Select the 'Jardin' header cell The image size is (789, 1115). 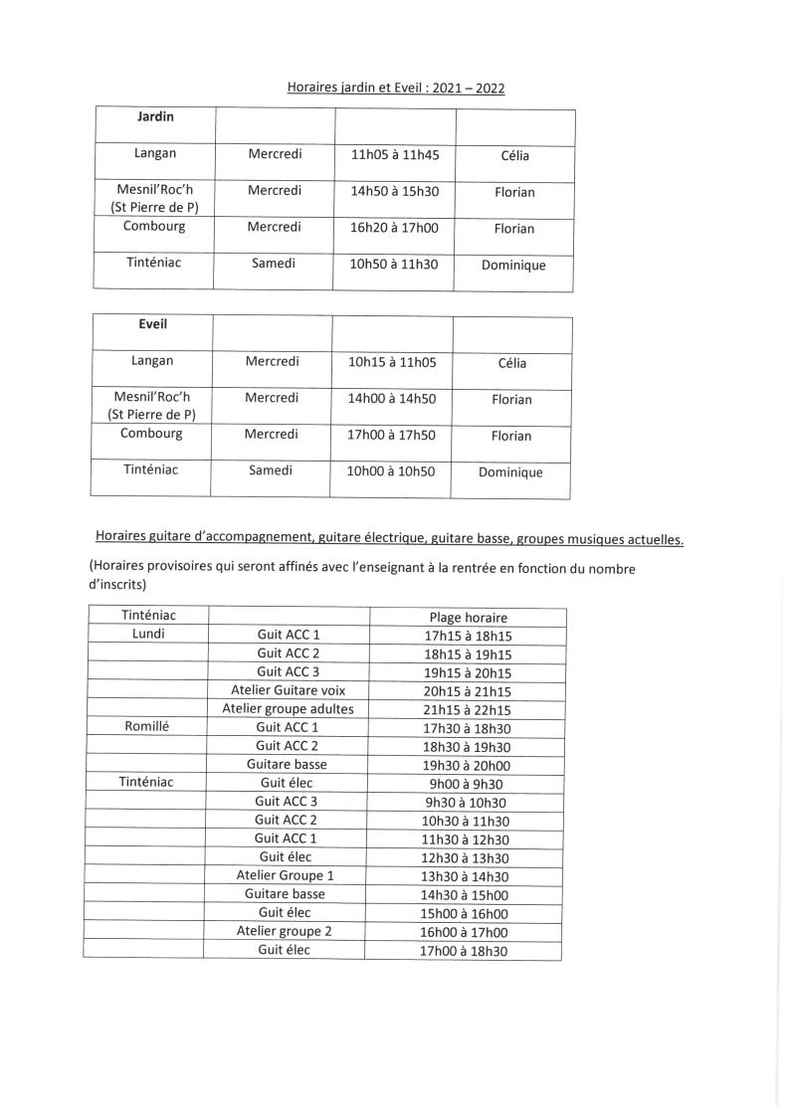(x=155, y=117)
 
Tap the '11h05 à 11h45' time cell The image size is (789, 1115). (x=395, y=154)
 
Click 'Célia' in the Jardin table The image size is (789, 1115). (x=515, y=156)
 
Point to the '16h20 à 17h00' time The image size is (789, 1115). (x=395, y=227)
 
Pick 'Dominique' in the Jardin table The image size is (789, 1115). (x=513, y=266)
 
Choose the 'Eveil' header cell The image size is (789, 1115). (x=152, y=324)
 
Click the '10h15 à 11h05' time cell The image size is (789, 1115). (x=392, y=362)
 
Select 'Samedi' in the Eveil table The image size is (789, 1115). (x=271, y=470)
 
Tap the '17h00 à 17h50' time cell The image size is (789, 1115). (x=392, y=435)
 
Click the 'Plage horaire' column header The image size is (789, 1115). (x=468, y=617)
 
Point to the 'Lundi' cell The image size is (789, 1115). (x=148, y=634)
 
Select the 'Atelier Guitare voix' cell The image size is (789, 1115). (x=288, y=689)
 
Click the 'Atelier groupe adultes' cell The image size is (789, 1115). (x=288, y=708)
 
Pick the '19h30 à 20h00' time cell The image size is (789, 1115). (x=467, y=765)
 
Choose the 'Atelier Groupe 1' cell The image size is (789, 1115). (x=285, y=875)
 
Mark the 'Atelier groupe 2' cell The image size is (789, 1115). (x=285, y=931)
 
